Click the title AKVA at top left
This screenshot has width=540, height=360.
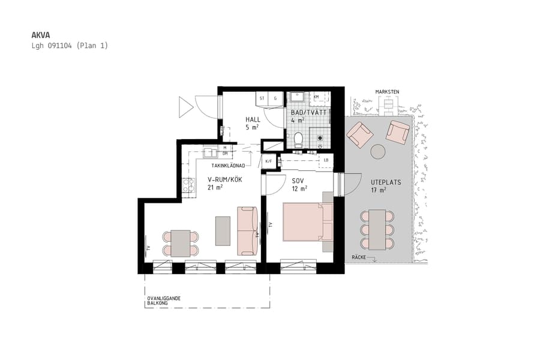click(x=41, y=35)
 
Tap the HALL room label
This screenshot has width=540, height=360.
click(x=253, y=119)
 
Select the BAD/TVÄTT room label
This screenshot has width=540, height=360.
click(x=308, y=112)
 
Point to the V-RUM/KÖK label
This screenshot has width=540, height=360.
click(x=224, y=179)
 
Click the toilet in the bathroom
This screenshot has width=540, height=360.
click(x=298, y=139)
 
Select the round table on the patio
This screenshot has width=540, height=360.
click(x=378, y=152)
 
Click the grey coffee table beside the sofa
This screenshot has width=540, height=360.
click(x=223, y=230)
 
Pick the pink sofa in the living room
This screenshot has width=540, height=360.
click(x=247, y=230)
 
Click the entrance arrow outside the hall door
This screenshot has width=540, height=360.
click(x=185, y=107)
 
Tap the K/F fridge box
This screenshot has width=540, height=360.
click(x=268, y=161)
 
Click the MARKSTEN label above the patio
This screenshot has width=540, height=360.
click(x=387, y=92)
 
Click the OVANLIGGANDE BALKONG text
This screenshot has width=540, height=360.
click(x=164, y=301)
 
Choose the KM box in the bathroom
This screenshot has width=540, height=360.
click(x=316, y=97)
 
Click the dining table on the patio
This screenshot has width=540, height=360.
click(x=377, y=230)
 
